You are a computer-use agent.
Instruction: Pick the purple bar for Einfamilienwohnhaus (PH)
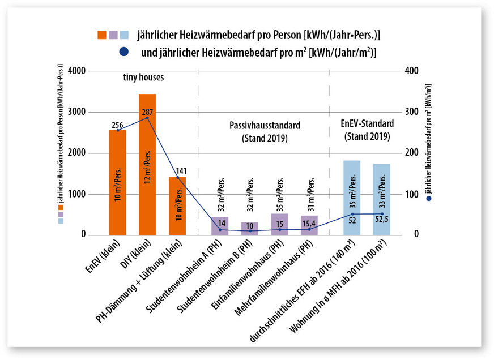[279, 224]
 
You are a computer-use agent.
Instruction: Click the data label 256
[117, 125]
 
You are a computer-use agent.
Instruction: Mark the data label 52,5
[382, 220]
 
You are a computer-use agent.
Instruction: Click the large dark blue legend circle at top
[124, 52]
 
